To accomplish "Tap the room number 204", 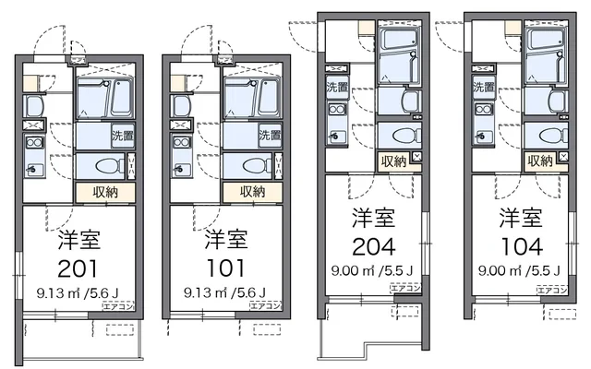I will [374, 247].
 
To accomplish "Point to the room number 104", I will [522, 247].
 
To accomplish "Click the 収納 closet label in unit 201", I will [105, 193].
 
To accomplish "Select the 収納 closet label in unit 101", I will [252, 193].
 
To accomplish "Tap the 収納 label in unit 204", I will [392, 161].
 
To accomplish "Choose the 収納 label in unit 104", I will [540, 161].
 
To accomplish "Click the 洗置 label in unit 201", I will [123, 136].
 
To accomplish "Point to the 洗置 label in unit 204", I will [336, 88].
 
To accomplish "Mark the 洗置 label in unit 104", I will [484, 88].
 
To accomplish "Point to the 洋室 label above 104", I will [522, 219].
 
